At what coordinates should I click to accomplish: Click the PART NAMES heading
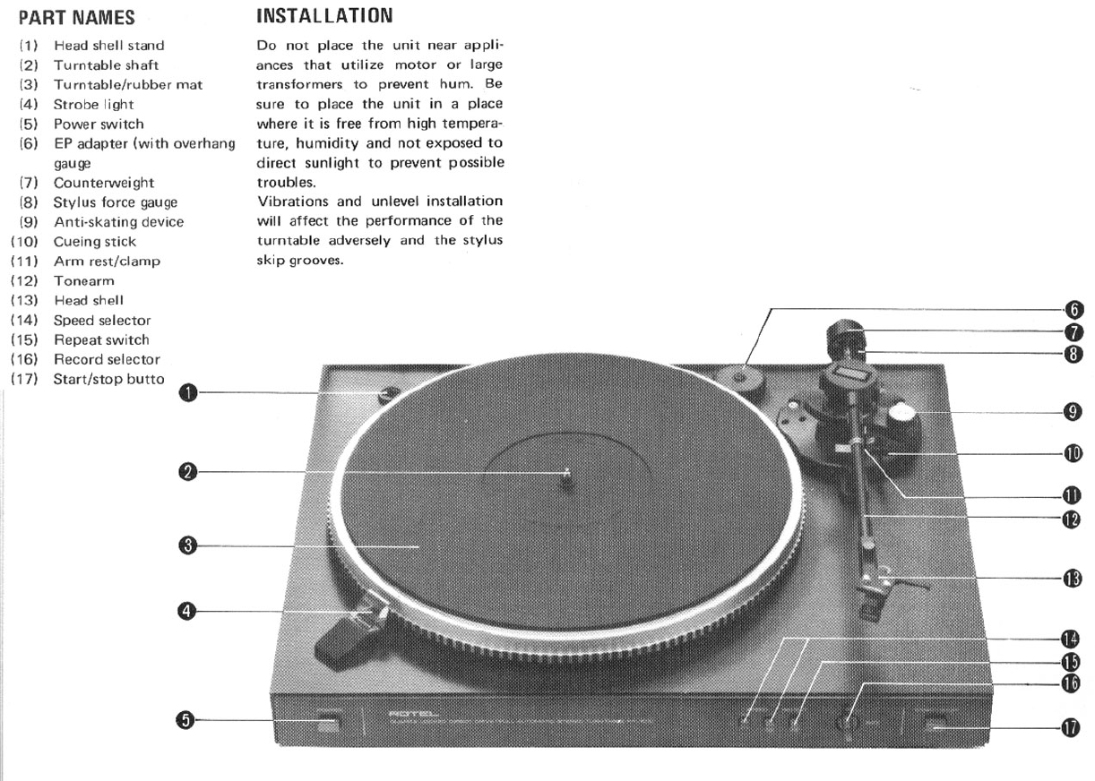pos(77,17)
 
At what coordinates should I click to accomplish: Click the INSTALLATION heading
pos(324,15)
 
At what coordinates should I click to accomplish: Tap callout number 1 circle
pos(186,391)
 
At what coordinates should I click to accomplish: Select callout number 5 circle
pos(185,719)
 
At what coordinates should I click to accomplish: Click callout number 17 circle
pos(1071,728)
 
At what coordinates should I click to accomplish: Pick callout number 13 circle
pos(1072,579)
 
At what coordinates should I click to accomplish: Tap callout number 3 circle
pos(186,545)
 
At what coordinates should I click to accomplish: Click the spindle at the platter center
pos(566,474)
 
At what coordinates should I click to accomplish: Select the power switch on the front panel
pos(328,723)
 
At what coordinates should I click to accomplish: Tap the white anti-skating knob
pos(903,413)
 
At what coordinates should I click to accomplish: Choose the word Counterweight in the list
pos(103,183)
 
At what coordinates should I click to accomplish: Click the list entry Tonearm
pos(84,281)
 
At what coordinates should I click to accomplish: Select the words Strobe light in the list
pos(93,105)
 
